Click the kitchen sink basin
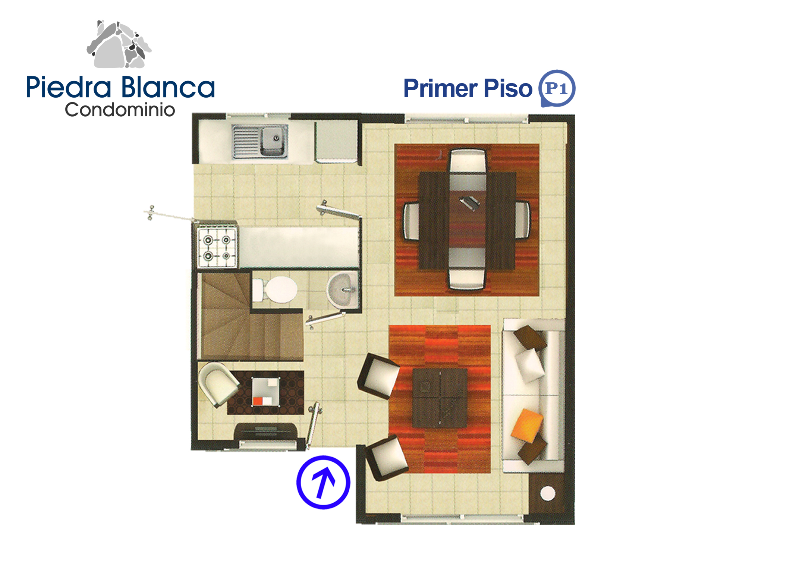click(274, 141)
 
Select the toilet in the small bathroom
click(275, 290)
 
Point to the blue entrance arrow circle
click(323, 482)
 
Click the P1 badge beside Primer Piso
click(557, 88)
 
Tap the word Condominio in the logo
click(120, 110)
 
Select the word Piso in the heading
click(508, 89)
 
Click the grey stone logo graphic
click(119, 44)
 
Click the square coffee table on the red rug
click(440, 398)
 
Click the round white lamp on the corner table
click(548, 493)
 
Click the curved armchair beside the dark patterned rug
click(218, 384)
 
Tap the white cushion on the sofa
click(529, 366)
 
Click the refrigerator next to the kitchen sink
click(336, 142)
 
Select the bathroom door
click(326, 320)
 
